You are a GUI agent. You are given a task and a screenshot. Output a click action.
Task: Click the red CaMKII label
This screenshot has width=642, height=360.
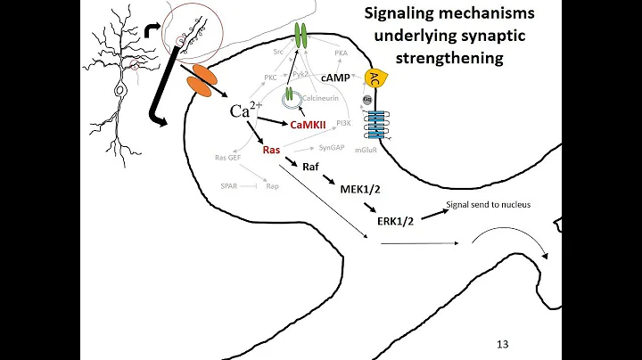tap(307, 128)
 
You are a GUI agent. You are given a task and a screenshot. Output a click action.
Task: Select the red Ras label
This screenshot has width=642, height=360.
tap(272, 151)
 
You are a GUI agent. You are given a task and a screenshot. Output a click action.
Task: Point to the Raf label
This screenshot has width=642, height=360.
tap(313, 167)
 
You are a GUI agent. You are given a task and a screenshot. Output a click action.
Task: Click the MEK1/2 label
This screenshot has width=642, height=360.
tap(358, 189)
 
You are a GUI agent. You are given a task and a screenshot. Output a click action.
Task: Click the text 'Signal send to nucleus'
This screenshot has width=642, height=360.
tap(487, 204)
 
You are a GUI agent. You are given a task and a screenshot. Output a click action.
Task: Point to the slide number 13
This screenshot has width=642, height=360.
tap(502, 343)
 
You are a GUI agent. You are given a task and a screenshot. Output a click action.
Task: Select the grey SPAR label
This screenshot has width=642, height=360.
tap(229, 186)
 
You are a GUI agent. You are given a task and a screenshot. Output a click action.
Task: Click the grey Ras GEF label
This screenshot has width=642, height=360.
tap(228, 158)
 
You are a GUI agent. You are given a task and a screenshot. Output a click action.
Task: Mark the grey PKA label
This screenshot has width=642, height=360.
tap(341, 53)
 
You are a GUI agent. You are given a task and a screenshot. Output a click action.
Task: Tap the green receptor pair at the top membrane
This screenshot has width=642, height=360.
tap(300, 37)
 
